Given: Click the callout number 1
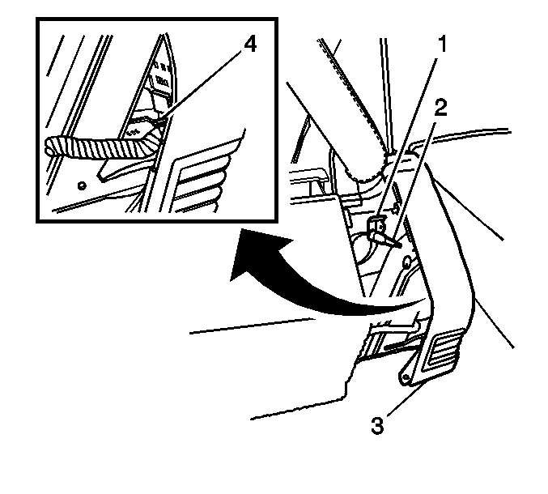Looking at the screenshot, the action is coord(442,45).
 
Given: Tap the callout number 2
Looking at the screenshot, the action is coord(440,108).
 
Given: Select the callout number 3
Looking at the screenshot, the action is coord(377,426).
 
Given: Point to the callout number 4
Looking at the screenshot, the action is coord(250,45).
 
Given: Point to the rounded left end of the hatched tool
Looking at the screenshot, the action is coord(46,146).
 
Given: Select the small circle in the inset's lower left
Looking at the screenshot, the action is coord(82,185).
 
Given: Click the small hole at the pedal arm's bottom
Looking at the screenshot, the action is coord(405,377).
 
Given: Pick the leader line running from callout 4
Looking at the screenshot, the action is coord(200,87).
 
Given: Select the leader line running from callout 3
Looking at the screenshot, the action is coord(406,399).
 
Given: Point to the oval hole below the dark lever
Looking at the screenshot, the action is coord(407,262).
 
